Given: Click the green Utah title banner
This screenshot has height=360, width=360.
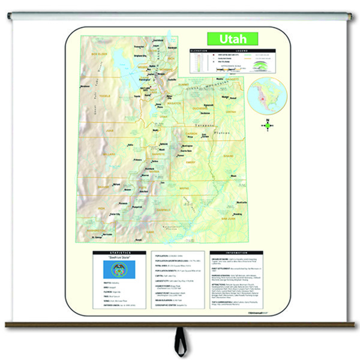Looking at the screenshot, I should pos(233,38).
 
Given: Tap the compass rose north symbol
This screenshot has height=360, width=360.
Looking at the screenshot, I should pos(267,125).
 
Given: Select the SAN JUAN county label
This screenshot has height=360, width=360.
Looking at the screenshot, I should pos(228,219).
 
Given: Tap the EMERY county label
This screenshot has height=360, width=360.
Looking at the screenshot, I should pos(191,162).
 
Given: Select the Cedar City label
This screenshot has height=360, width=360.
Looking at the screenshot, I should pos(113,214).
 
